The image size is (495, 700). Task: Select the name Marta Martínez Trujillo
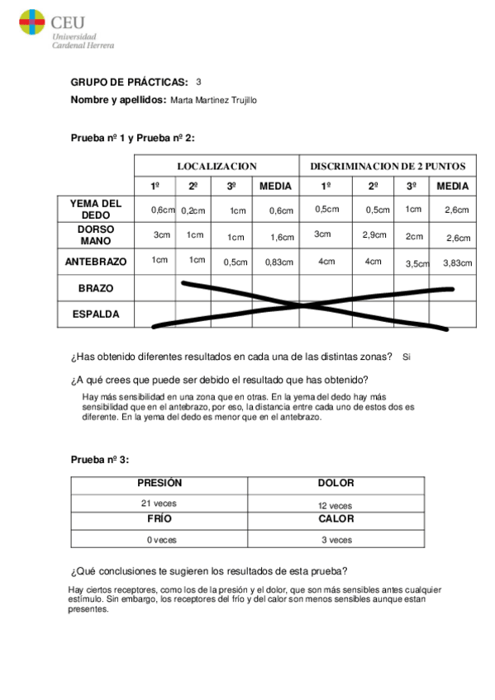click(x=213, y=101)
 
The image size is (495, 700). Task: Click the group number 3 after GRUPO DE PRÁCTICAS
click(x=198, y=82)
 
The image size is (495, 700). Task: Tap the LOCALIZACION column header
click(x=217, y=166)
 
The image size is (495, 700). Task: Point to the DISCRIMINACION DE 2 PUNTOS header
click(x=388, y=166)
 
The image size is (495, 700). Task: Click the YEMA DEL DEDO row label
click(x=96, y=209)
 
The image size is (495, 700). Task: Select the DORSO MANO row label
click(x=96, y=235)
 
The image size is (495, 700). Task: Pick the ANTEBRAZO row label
click(x=96, y=262)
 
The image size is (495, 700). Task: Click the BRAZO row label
click(x=96, y=288)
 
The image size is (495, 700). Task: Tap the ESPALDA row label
click(x=96, y=315)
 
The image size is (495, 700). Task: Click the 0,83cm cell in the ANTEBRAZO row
click(x=276, y=262)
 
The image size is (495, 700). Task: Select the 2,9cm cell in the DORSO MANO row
click(x=374, y=235)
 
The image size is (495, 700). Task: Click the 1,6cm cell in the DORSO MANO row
click(x=282, y=238)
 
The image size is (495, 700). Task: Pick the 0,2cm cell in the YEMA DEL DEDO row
click(x=193, y=211)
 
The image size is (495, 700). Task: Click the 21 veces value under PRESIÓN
click(x=159, y=503)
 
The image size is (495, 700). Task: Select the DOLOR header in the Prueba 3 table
click(x=336, y=484)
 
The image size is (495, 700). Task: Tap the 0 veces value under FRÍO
click(x=162, y=540)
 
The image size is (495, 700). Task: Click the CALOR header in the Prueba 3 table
click(x=336, y=519)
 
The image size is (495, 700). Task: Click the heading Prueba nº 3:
click(x=100, y=459)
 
